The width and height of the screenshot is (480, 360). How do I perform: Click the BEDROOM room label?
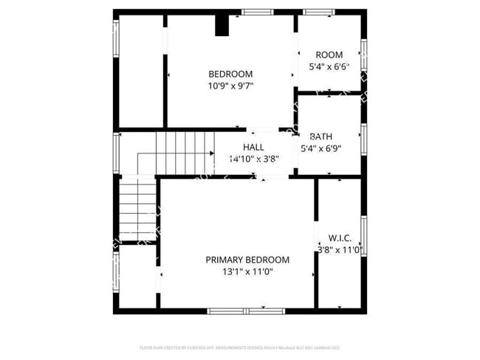point(230,74)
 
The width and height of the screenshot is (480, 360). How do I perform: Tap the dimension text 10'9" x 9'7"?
point(230,86)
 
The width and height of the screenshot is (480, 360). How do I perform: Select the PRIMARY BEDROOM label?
point(247,260)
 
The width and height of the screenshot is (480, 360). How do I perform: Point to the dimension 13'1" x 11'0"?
point(247,271)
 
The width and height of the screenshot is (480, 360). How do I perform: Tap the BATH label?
point(320,136)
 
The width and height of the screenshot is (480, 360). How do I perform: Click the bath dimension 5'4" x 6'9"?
point(320,148)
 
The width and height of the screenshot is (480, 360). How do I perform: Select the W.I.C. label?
point(340,238)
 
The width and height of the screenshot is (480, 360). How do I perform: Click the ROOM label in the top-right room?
point(329,55)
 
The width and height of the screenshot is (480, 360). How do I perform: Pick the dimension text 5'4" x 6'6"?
point(329,67)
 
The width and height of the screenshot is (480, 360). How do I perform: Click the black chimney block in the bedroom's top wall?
point(222,25)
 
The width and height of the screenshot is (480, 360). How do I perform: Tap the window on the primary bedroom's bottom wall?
point(246,311)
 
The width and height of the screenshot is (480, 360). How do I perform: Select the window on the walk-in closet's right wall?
point(363,236)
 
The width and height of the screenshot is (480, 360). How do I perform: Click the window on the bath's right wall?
point(363,137)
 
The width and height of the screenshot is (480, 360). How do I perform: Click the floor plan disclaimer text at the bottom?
point(239,347)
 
